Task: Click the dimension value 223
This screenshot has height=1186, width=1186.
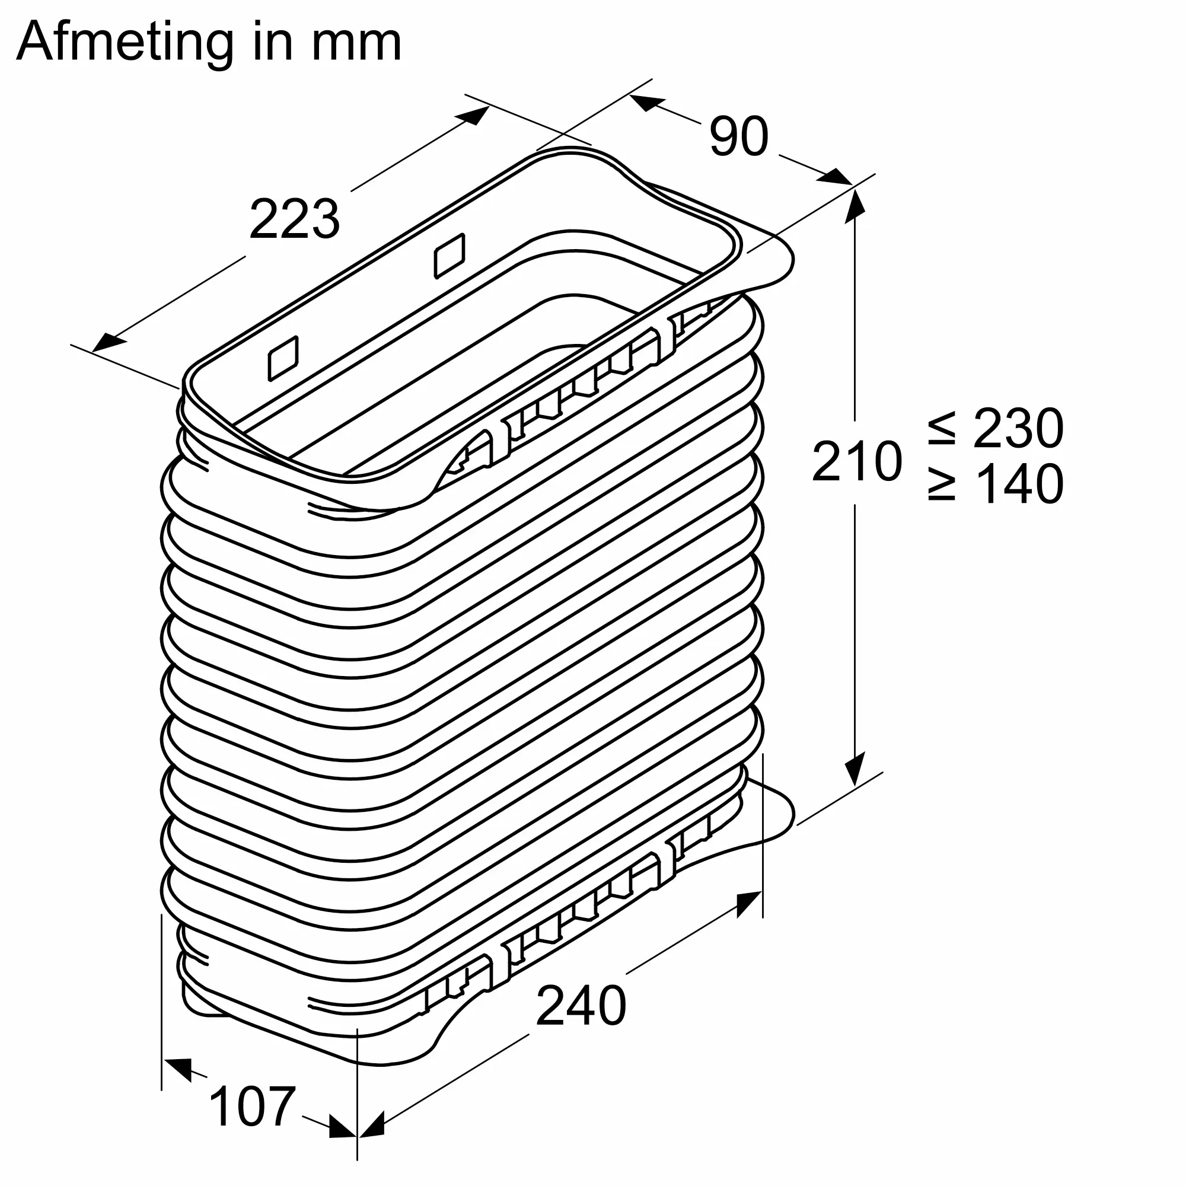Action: click(295, 219)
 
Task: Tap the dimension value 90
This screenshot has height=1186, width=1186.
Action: click(738, 136)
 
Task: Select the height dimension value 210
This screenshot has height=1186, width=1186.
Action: click(857, 460)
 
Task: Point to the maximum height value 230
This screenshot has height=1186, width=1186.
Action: click(1018, 429)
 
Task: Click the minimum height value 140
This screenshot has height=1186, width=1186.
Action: click(1019, 484)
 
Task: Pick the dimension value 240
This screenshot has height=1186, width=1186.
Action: click(581, 1005)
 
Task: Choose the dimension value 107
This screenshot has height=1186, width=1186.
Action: click(252, 1106)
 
